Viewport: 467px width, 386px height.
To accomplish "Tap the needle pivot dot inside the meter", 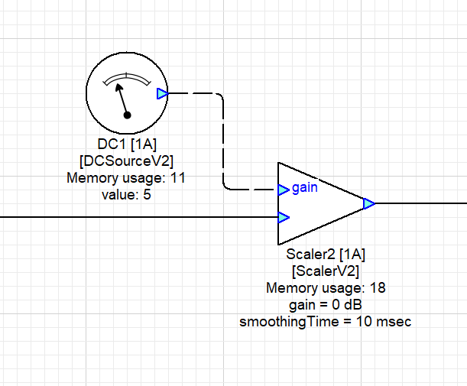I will pyautogui.click(x=128, y=115).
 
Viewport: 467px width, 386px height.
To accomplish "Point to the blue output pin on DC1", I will pyautogui.click(x=161, y=94).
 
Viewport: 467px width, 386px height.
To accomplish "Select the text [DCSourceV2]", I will pyautogui.click(x=126, y=161).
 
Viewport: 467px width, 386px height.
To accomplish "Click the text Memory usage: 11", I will pyautogui.click(x=126, y=178).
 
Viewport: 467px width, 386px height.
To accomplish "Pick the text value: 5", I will pyautogui.click(x=126, y=194).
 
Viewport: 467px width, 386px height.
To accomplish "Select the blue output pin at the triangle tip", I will pyautogui.click(x=368, y=203).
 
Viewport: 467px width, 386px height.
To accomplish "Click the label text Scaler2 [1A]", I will pyautogui.click(x=326, y=255).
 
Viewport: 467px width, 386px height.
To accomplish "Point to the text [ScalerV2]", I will pyautogui.click(x=326, y=271).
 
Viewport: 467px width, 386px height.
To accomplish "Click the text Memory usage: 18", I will pyautogui.click(x=326, y=288).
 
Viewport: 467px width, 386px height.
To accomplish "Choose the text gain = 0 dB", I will pyautogui.click(x=326, y=304).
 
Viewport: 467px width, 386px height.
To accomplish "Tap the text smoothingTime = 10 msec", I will pyautogui.click(x=326, y=321).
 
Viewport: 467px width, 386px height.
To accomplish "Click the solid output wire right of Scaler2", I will pyautogui.click(x=420, y=203).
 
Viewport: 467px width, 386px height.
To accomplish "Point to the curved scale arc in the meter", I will pyautogui.click(x=126, y=76).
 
